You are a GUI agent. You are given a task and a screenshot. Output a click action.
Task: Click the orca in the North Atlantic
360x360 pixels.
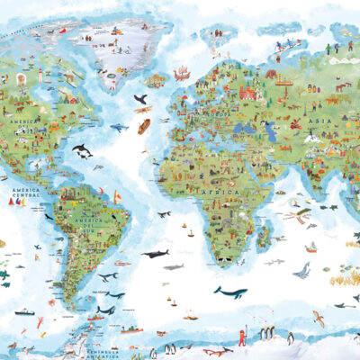tap(82, 150)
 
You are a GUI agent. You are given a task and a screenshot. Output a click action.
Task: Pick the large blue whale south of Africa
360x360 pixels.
tap(230, 292)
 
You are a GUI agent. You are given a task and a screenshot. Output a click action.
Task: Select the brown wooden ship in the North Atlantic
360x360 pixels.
tap(144, 125)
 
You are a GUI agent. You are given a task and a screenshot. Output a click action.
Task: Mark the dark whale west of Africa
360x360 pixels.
tap(154, 254)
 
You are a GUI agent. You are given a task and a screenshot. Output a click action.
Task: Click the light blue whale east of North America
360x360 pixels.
tap(117, 129)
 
